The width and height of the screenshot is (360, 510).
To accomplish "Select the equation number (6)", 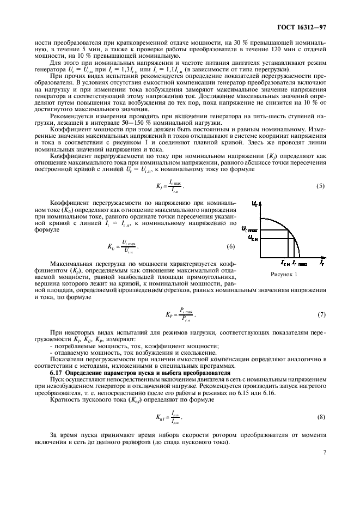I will pyautogui.click(x=230, y=247).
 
